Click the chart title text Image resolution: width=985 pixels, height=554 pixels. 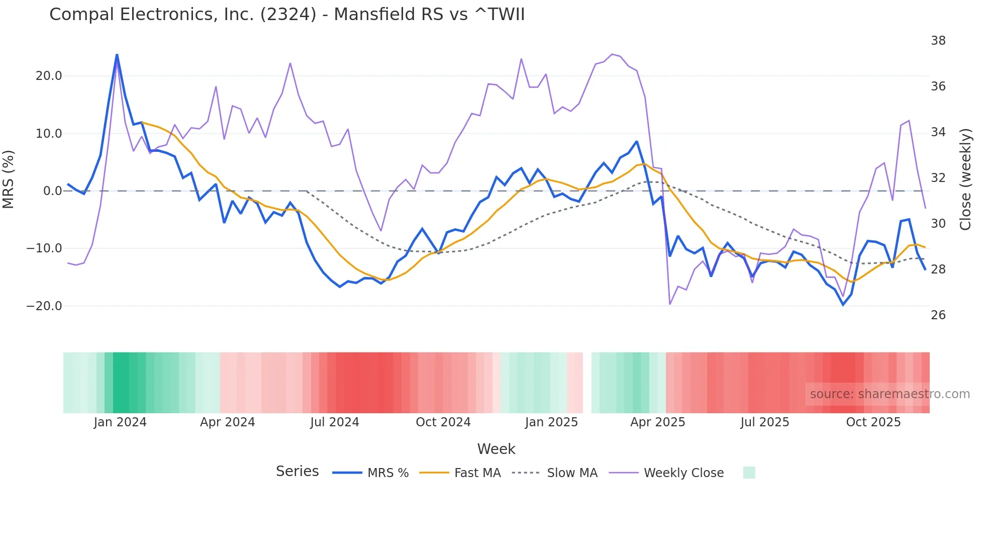pos(287,15)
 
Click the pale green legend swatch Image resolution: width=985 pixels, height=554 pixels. pos(749,473)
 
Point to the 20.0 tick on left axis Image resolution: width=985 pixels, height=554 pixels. pos(49,76)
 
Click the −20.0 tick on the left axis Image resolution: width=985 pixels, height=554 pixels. pos(44,306)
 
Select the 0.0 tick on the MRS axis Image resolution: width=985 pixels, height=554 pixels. pos(53,191)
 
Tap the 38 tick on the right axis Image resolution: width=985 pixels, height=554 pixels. pos(938,41)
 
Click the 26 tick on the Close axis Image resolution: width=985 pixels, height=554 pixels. pos(938,315)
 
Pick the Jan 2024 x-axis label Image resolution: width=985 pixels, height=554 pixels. pos(120,422)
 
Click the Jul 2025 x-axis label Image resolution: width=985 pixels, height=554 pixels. pos(764,422)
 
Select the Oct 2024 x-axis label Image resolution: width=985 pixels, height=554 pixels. pos(443,422)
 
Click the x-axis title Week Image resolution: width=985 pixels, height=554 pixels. pos(496,449)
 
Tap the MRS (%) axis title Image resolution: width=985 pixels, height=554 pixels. pos(9,179)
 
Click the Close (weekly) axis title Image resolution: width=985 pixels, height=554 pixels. pos(965,179)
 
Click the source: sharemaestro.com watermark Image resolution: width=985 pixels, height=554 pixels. pos(890,394)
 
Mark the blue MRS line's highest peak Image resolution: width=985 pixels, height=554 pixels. pos(117,55)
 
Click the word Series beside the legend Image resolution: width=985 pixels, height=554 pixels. pos(297,472)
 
